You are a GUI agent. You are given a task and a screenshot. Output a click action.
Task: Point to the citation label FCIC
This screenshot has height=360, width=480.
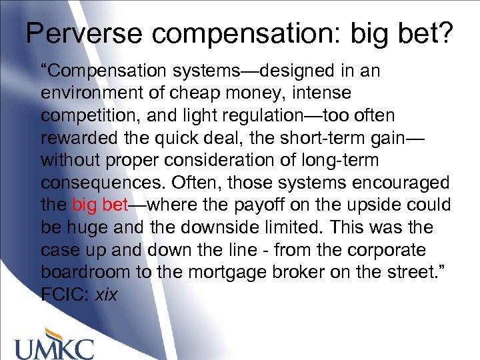(x=65, y=294)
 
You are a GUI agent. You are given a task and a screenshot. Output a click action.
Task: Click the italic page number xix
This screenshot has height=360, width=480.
(x=106, y=295)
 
